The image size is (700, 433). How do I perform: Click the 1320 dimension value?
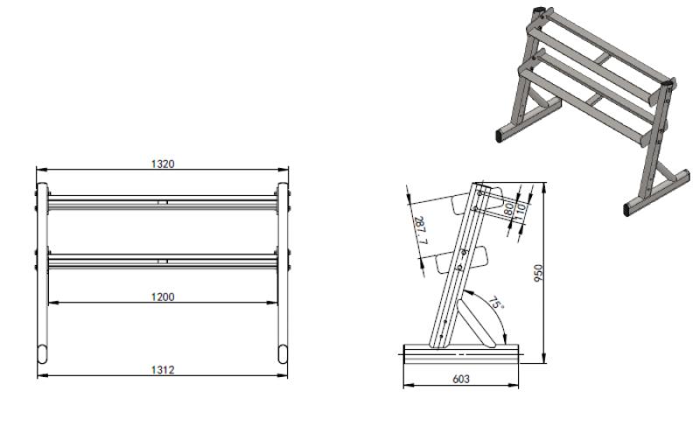point(163,164)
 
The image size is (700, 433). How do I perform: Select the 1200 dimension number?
point(163,297)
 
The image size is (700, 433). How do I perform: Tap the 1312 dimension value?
point(163,370)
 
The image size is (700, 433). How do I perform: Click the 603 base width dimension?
point(460,379)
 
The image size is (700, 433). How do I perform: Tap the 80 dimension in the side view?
point(508,210)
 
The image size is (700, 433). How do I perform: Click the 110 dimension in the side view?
point(521,211)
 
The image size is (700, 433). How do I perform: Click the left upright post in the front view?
point(41,280)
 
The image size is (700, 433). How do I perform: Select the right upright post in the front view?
point(283,280)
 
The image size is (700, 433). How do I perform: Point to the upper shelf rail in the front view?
point(163,204)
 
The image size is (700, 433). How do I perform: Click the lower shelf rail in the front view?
point(163,260)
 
